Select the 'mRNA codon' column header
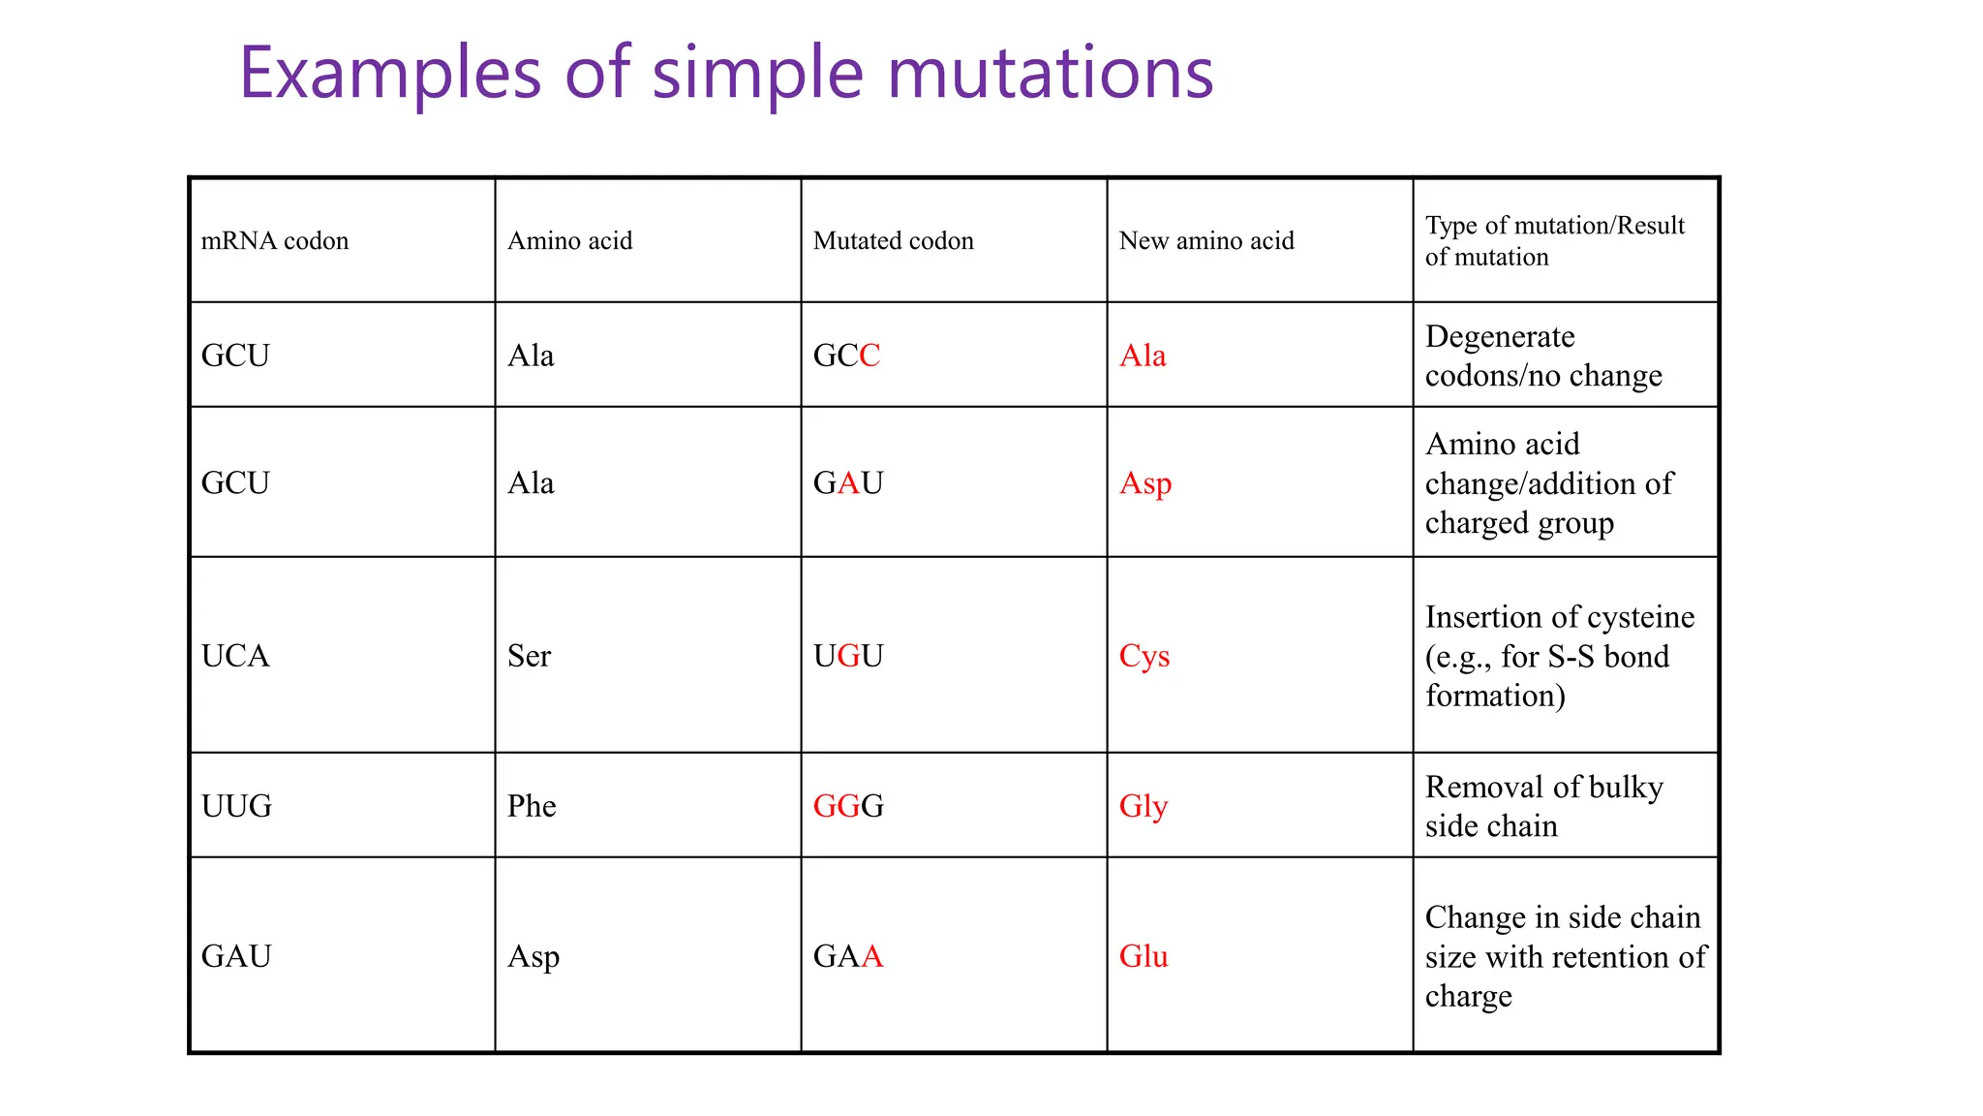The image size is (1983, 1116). (274, 240)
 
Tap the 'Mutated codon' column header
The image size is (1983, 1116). (893, 240)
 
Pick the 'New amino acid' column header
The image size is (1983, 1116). (1205, 240)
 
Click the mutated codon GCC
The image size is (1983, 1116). (846, 356)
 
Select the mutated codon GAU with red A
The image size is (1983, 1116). (847, 482)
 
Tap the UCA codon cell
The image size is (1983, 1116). (235, 656)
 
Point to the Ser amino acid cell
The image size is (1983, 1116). (529, 656)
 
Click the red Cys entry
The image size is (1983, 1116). (1144, 656)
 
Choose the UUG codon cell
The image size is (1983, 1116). (236, 806)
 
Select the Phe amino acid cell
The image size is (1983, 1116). (532, 806)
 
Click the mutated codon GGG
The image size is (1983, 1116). (847, 806)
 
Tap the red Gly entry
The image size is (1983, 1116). (1143, 806)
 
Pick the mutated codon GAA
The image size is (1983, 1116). (847, 956)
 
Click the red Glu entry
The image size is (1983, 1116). (1143, 956)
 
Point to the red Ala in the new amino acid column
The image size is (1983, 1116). (1142, 356)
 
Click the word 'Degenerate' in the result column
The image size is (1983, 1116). (1500, 336)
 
